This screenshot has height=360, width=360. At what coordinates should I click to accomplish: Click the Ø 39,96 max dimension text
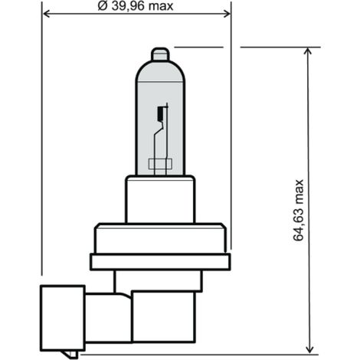coord(136,6)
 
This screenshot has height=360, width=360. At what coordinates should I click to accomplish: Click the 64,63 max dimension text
coord(298,210)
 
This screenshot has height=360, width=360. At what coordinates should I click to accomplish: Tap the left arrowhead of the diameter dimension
coord(46,14)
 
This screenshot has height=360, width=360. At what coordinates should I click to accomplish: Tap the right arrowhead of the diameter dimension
coord(227,14)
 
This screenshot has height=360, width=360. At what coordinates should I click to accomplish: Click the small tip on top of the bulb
coord(160,54)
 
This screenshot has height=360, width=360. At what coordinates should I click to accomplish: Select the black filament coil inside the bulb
coord(160,113)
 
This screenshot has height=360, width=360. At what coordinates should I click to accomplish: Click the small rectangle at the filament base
coord(160,164)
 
